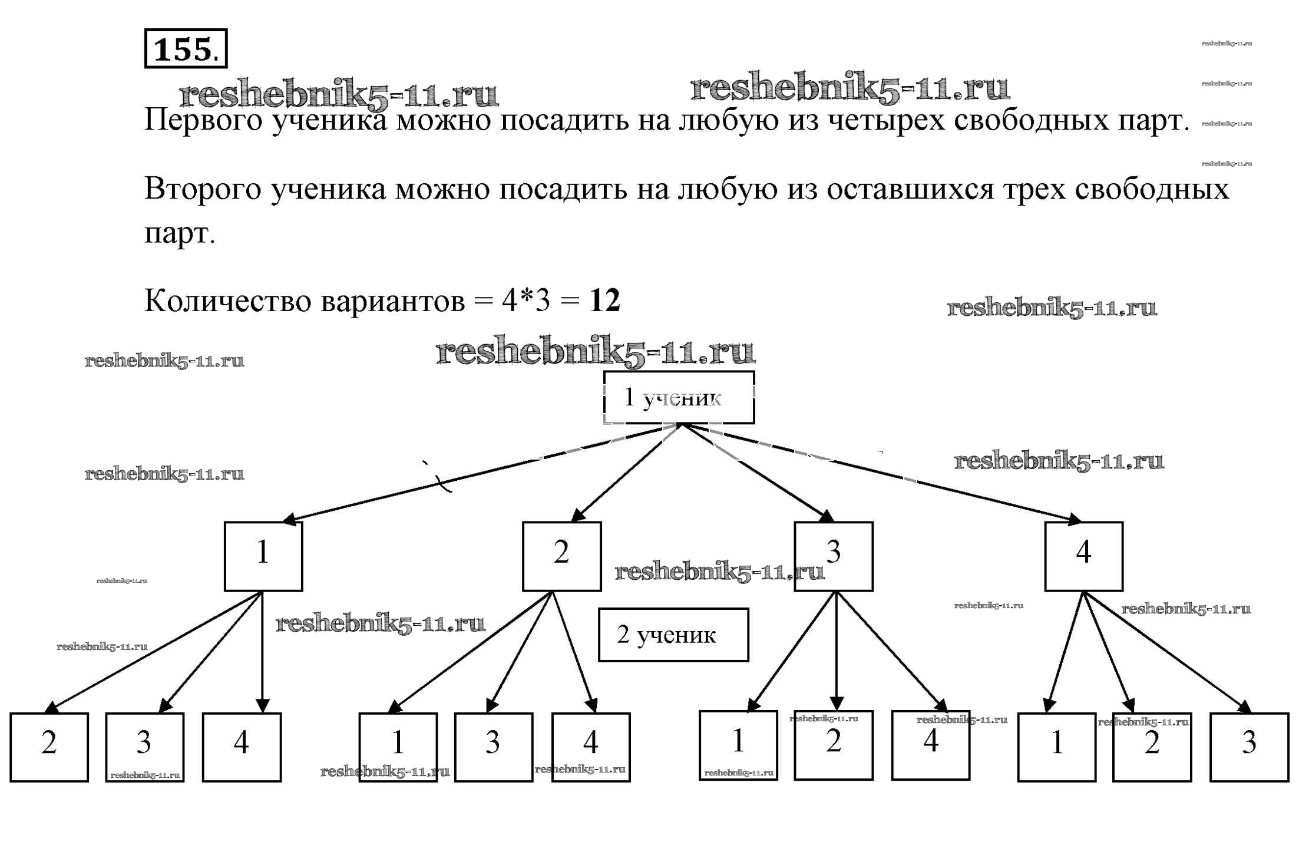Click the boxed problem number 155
click(185, 49)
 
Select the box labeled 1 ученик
click(679, 398)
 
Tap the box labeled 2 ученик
click(673, 635)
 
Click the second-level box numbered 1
click(263, 556)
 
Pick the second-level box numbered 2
click(561, 556)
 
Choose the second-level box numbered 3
click(833, 556)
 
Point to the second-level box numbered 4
click(1083, 556)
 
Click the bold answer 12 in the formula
click(604, 301)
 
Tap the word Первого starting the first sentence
click(203, 120)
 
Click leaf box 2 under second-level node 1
click(49, 747)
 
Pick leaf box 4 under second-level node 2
click(590, 747)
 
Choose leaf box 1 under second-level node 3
click(738, 745)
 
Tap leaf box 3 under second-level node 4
click(1249, 747)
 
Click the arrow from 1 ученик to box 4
click(884, 473)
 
